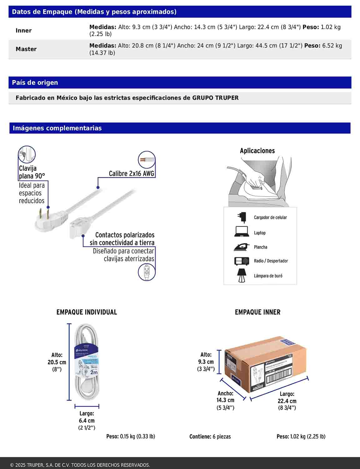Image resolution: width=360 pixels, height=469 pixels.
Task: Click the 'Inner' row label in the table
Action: (x=24, y=31)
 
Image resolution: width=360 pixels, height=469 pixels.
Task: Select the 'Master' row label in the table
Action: (x=26, y=49)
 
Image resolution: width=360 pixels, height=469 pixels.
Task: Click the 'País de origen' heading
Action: (x=35, y=83)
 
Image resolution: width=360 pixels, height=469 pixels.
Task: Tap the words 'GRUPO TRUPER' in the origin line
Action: (x=215, y=98)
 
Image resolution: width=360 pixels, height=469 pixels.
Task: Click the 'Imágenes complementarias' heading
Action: (x=57, y=128)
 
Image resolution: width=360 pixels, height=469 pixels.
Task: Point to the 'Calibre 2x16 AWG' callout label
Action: (x=132, y=174)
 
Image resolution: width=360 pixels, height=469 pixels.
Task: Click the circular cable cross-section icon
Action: (x=147, y=159)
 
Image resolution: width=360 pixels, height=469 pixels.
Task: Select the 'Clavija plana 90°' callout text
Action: (x=32, y=172)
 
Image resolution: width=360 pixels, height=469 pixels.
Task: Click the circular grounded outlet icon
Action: (x=147, y=272)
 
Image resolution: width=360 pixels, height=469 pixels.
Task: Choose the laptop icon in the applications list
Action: (x=241, y=232)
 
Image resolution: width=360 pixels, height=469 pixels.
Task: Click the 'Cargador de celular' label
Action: (x=270, y=217)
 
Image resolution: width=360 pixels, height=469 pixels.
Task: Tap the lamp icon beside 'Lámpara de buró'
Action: (x=241, y=275)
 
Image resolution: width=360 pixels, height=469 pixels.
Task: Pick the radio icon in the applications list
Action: (x=242, y=261)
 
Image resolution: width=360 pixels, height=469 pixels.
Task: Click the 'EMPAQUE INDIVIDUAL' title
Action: (x=87, y=312)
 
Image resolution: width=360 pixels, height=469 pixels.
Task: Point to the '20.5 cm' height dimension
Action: (x=57, y=362)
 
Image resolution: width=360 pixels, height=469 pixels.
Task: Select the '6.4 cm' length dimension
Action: (x=87, y=421)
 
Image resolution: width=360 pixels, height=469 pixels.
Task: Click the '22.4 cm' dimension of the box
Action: (x=287, y=401)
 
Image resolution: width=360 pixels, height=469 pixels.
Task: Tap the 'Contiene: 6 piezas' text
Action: (x=210, y=436)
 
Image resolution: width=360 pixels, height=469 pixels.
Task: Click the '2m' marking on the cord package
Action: (x=94, y=372)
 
